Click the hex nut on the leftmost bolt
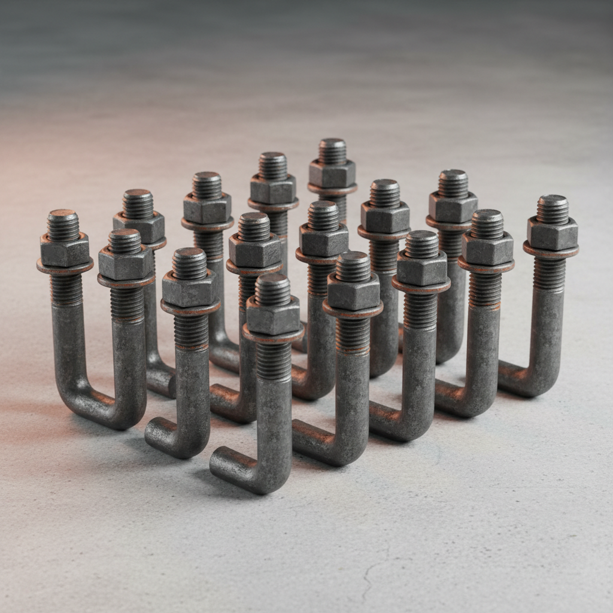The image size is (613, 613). click(65, 250)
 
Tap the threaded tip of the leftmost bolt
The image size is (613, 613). click(63, 225)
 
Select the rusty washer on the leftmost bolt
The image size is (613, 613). click(65, 266)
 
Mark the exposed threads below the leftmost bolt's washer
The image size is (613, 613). click(66, 289)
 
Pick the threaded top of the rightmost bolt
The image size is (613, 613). click(553, 209)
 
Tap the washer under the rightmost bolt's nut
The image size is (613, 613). click(551, 250)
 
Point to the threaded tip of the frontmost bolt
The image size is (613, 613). click(272, 290)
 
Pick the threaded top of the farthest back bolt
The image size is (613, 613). click(332, 151)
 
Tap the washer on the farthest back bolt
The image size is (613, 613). click(332, 189)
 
